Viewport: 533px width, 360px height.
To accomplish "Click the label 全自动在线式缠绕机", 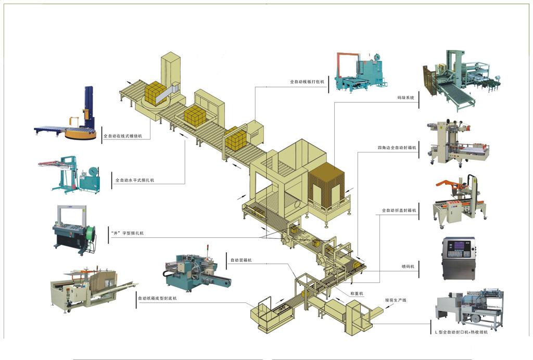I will [x=126, y=136].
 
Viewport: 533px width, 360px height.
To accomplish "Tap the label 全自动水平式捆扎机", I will [x=134, y=180].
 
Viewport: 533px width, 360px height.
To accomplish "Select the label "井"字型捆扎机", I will [x=127, y=233].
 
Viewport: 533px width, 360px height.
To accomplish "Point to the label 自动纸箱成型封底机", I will [x=157, y=299].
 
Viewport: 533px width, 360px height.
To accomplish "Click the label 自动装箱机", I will [x=241, y=260].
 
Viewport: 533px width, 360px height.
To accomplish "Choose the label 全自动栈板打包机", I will [x=307, y=82].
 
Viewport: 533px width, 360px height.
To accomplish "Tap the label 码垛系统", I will [x=405, y=97].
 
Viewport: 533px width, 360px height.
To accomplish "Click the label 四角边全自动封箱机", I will [x=397, y=148].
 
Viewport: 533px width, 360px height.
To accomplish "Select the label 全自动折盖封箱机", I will [x=399, y=211].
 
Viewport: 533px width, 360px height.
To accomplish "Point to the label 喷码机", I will [x=408, y=266].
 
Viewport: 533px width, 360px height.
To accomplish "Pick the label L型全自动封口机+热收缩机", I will [x=459, y=331].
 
